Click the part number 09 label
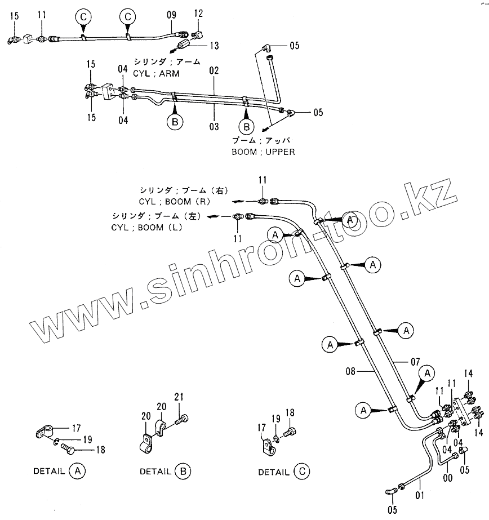172,16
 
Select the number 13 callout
214,46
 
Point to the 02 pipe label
214,72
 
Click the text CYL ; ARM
158,73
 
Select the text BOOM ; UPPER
263,152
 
